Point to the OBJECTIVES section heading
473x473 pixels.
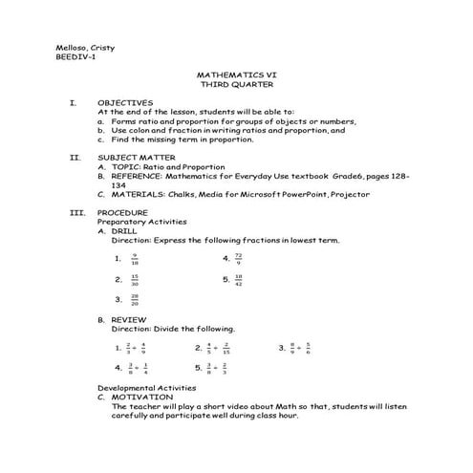tap(125, 102)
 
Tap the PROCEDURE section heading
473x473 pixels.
tap(122, 211)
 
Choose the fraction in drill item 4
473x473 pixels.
tap(237, 258)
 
